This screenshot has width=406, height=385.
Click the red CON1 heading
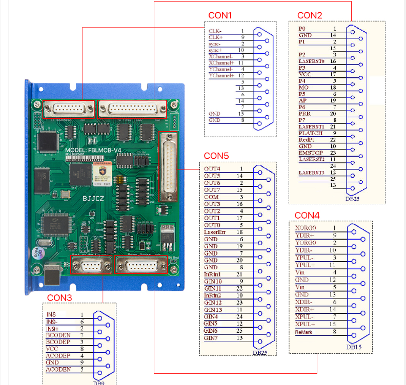[220, 15]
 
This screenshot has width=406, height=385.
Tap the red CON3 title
[59, 297]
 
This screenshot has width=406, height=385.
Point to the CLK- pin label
[215, 31]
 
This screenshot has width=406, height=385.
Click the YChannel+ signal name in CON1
[221, 76]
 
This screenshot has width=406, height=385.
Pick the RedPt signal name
[307, 139]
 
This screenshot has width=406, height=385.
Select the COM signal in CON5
[211, 197]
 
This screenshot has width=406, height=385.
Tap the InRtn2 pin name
[213, 295]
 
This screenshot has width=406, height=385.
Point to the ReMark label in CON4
[303, 332]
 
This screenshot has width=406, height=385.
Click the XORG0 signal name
[306, 228]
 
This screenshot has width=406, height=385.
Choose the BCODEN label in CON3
[57, 335]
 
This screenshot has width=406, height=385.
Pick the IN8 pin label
[51, 314]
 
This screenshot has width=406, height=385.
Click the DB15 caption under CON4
[354, 347]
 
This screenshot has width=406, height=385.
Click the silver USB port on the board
[52, 274]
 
